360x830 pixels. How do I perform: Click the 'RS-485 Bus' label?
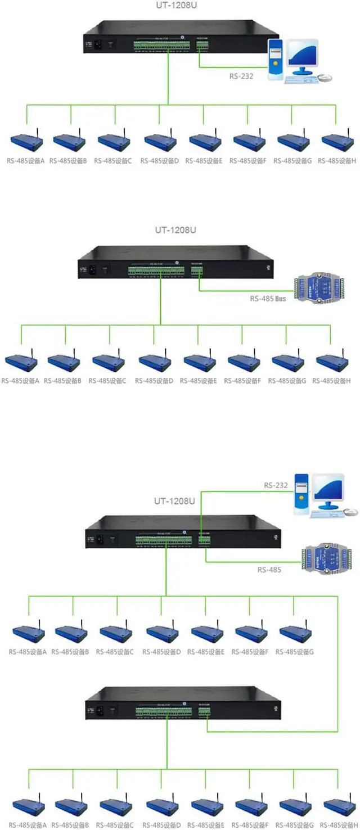[268, 299]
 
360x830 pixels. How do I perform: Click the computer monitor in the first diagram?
[302, 57]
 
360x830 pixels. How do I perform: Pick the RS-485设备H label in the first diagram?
[336, 161]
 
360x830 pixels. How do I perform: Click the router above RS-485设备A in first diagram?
[26, 141]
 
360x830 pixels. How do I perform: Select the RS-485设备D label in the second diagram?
[154, 381]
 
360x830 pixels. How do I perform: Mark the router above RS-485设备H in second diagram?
[331, 362]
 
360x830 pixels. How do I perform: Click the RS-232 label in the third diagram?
[276, 485]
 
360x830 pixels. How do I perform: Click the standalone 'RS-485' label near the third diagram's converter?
[269, 570]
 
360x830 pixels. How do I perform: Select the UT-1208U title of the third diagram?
[174, 500]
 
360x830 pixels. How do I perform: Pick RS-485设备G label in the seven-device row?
[295, 652]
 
